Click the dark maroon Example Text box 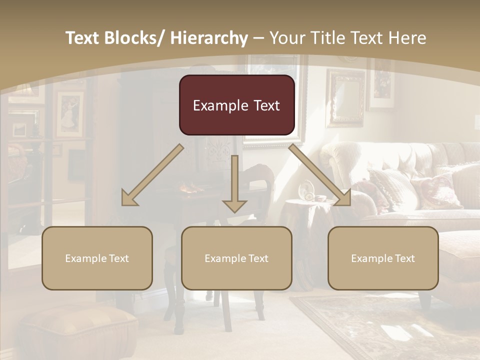pyautogui.click(x=236, y=105)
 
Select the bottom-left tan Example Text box pyautogui.click(x=97, y=258)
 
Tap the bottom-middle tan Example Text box pyautogui.click(x=236, y=258)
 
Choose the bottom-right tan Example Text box pyautogui.click(x=383, y=258)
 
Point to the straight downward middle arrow pyautogui.click(x=234, y=185)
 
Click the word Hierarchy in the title pyautogui.click(x=209, y=38)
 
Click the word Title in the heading pyautogui.click(x=323, y=38)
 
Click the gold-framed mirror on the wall pyautogui.click(x=345, y=97)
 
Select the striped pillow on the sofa pyautogui.click(x=393, y=188)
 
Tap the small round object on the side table pyautogui.click(x=306, y=191)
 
